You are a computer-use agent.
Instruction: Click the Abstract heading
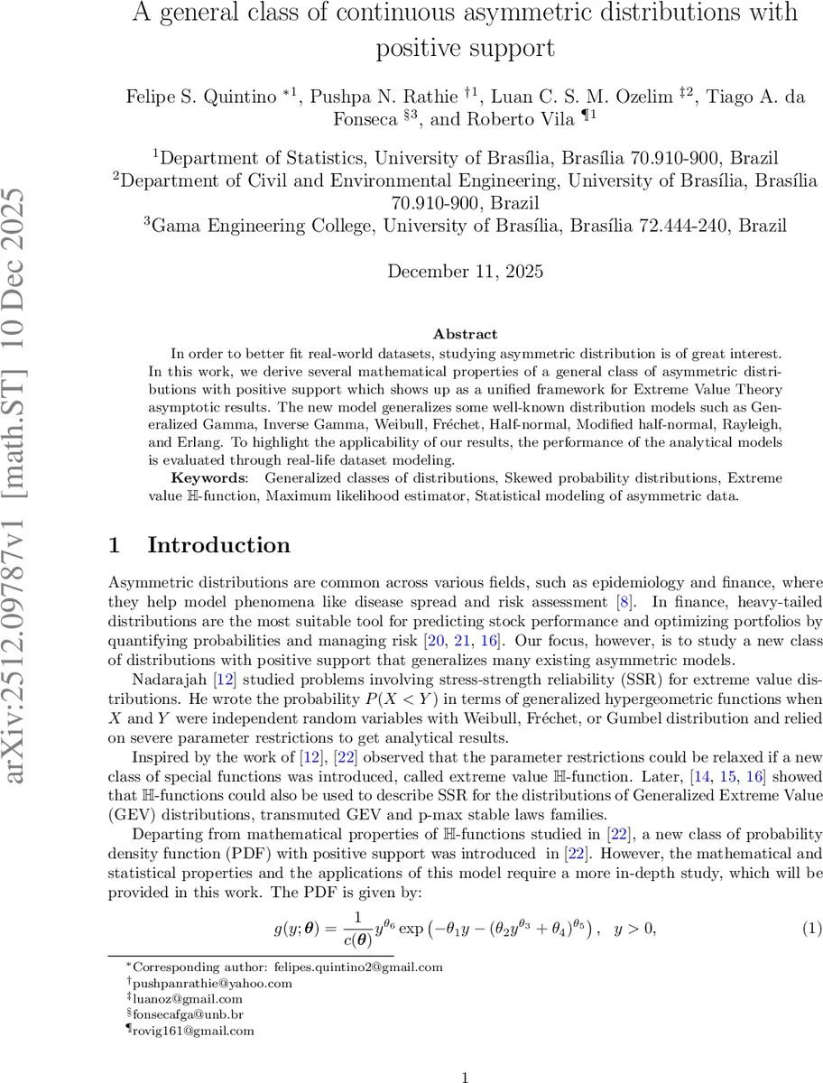click(464, 333)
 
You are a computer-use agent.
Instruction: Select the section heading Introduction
click(218, 545)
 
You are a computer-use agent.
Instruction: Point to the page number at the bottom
click(464, 1077)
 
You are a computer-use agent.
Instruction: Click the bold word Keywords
click(205, 477)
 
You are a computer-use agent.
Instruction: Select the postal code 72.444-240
click(682, 225)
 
